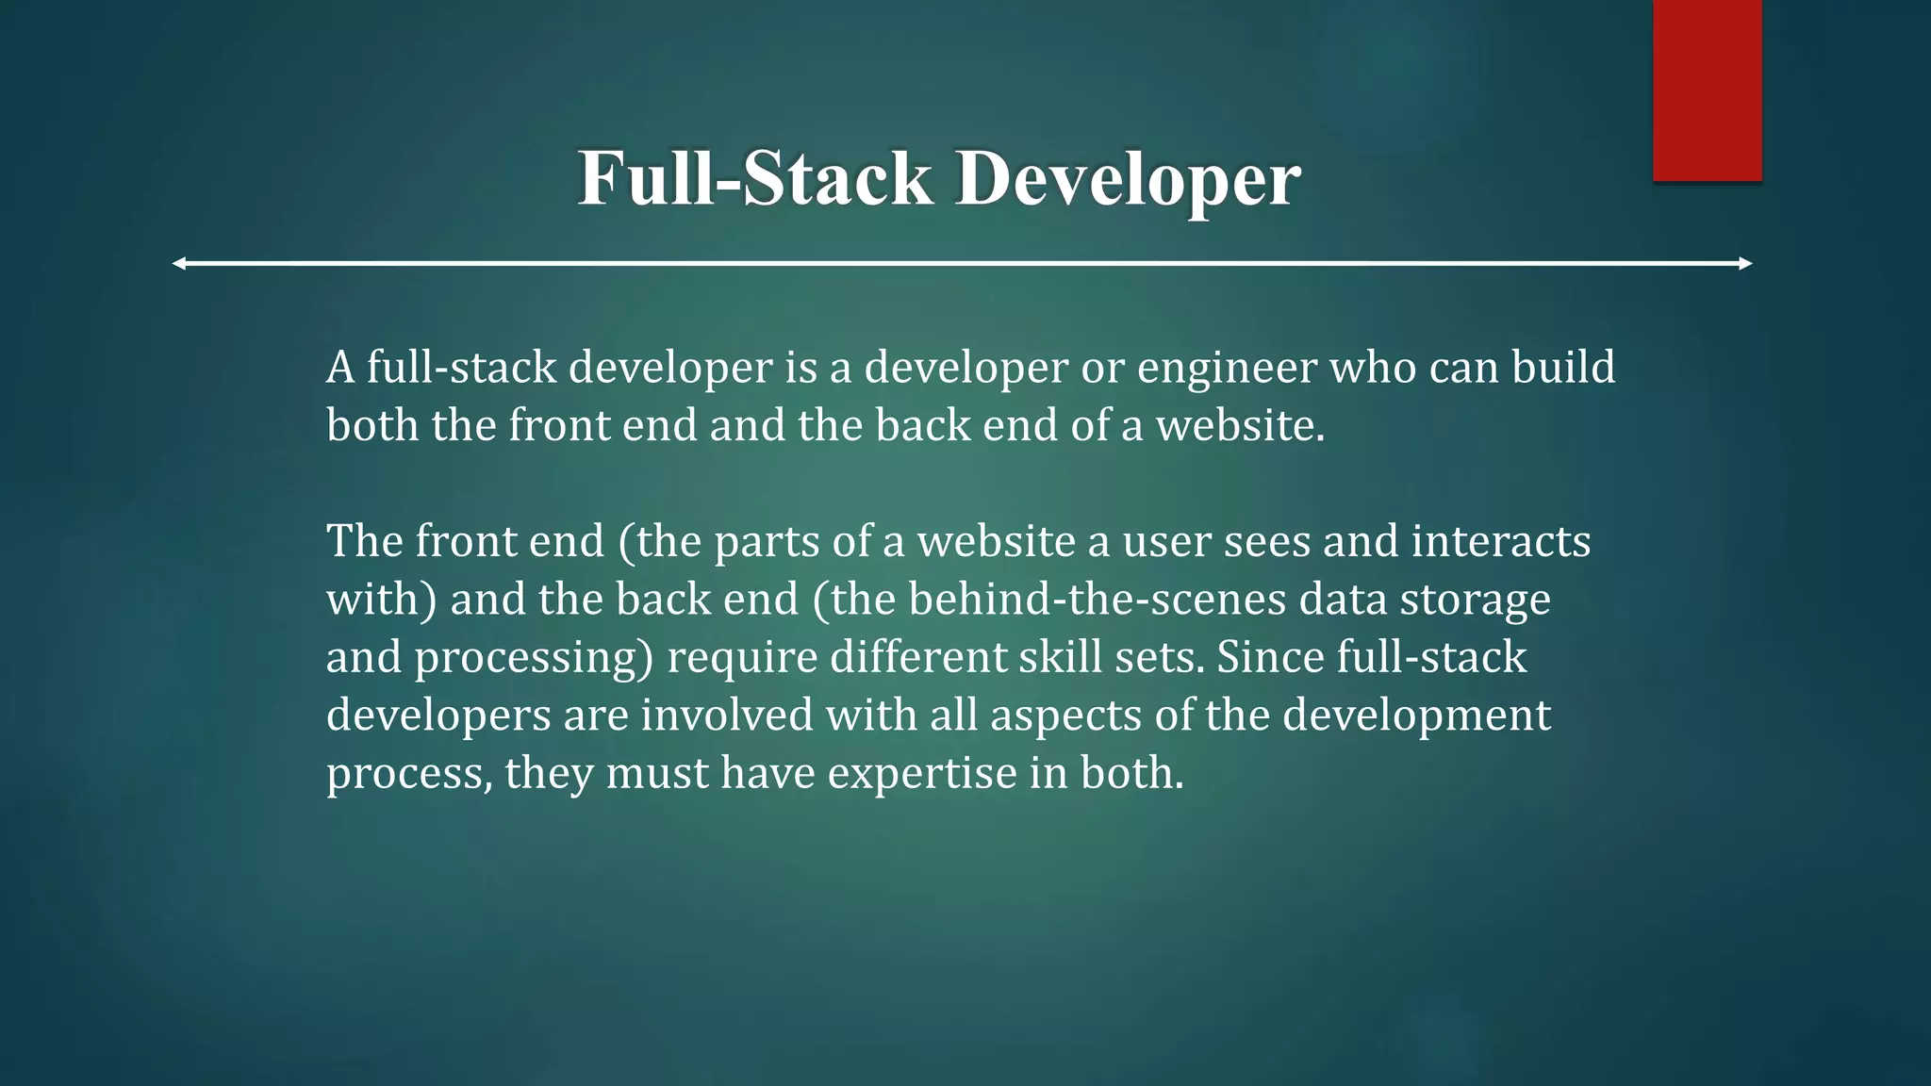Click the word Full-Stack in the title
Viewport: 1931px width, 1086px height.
click(755, 178)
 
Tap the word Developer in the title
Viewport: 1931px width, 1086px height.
click(1128, 178)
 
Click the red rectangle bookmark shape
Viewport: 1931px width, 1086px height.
click(1707, 90)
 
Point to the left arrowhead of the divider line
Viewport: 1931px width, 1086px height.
click(179, 264)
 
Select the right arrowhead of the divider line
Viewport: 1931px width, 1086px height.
click(1745, 264)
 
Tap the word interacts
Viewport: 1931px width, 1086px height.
click(1501, 541)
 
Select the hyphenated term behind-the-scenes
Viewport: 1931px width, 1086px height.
click(1098, 600)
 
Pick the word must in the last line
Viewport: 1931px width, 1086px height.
click(656, 774)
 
